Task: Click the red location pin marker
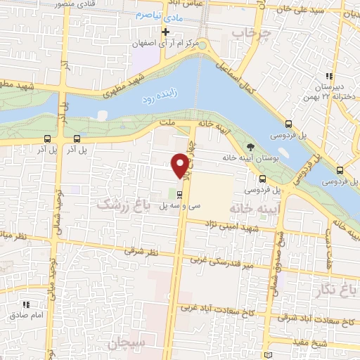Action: click(181, 165)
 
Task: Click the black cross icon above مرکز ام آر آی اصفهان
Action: click(166, 32)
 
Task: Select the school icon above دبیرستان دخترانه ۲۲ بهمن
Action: click(328, 77)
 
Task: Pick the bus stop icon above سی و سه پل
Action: click(181, 194)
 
